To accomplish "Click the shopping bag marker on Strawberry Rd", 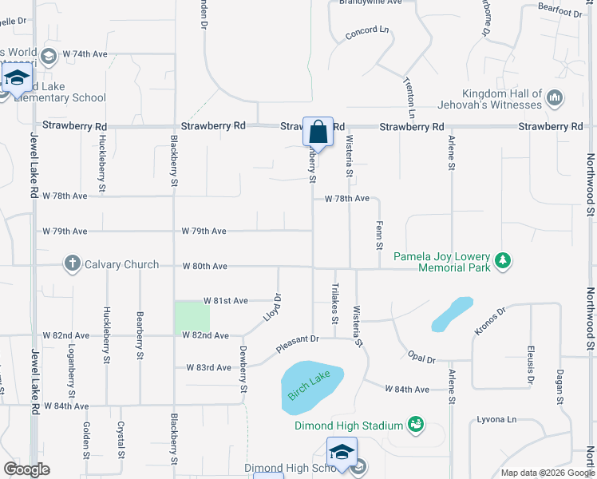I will [x=318, y=133].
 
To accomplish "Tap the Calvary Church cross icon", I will [x=73, y=264].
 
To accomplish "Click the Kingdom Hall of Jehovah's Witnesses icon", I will [x=555, y=99].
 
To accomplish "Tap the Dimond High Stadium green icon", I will [x=414, y=423].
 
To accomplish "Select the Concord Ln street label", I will [x=367, y=33].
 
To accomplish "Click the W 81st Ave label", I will [x=226, y=300].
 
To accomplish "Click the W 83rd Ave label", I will [x=208, y=367].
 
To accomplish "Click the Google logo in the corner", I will [x=26, y=469].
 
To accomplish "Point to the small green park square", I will [x=192, y=317].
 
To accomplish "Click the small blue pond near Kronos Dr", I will [x=451, y=314].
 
